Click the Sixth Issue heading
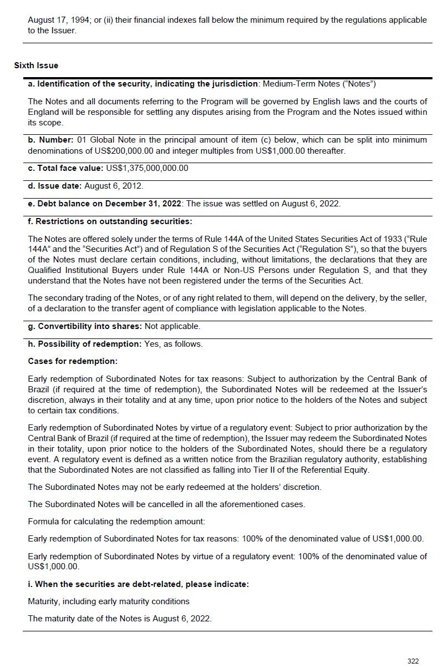[36, 65]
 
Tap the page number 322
[413, 661]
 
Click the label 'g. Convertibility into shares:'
[85, 326]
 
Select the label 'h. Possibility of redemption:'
[85, 344]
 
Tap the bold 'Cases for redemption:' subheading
[73, 361]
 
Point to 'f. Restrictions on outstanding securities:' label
[110, 221]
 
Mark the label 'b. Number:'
[50, 140]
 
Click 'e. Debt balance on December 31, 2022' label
[105, 204]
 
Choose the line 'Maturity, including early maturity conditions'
[109, 601]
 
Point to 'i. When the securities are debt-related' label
[138, 584]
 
